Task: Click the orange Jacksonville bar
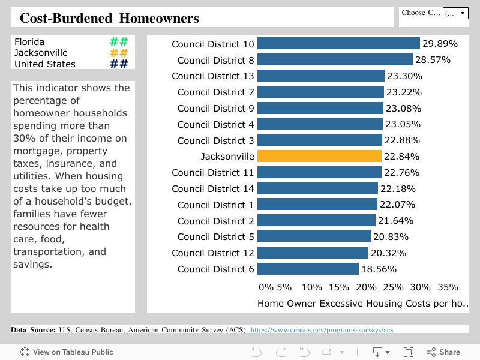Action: pyautogui.click(x=319, y=156)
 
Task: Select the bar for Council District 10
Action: pyautogui.click(x=338, y=44)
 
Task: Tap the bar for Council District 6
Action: pyautogui.click(x=308, y=269)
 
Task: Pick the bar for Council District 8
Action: pyautogui.click(x=335, y=60)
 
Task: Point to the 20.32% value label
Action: pyautogui.click(x=388, y=253)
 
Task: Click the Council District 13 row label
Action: pyautogui.click(x=213, y=76)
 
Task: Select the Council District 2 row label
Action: pyautogui.click(x=213, y=221)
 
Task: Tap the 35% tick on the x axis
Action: pyautogui.click(x=448, y=287)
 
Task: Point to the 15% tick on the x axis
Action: pyautogui.click(x=338, y=287)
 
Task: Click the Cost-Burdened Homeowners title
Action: pyautogui.click(x=109, y=18)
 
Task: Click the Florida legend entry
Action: pyautogui.click(x=29, y=42)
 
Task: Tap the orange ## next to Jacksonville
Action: pyautogui.click(x=119, y=53)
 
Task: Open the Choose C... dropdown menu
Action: pyautogui.click(x=455, y=13)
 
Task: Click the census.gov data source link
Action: pyautogui.click(x=322, y=330)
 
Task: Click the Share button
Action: pyautogui.click(x=443, y=352)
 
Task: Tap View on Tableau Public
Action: pyautogui.click(x=67, y=352)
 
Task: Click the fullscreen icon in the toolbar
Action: pyautogui.click(x=409, y=352)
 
